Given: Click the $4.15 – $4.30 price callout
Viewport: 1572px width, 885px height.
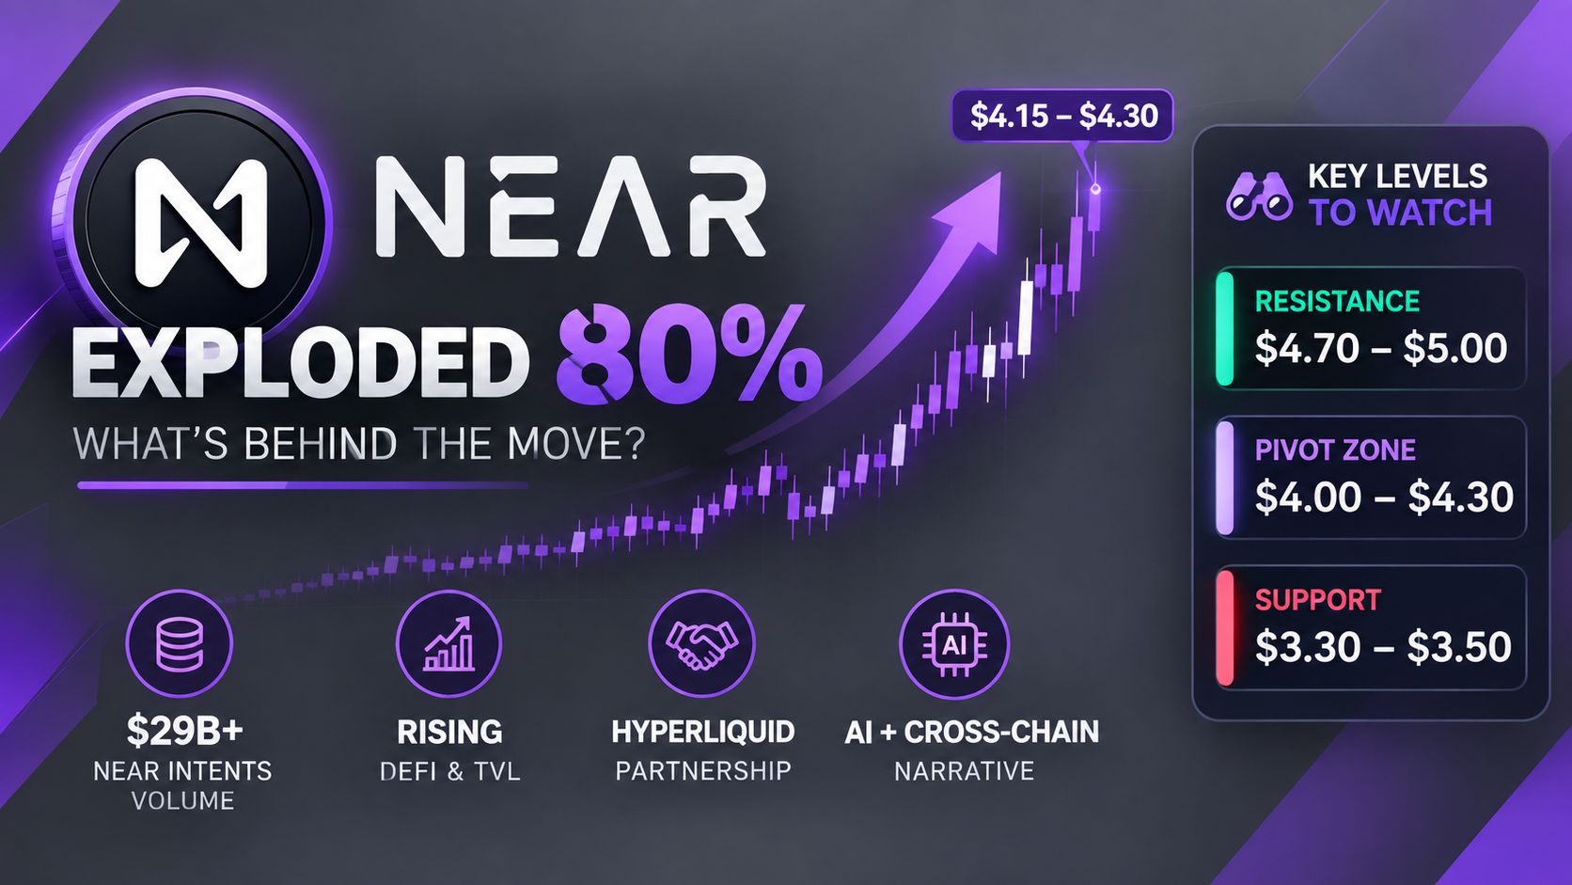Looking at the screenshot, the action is [1062, 115].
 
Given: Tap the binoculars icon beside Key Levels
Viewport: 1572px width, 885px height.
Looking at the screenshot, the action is [1259, 198].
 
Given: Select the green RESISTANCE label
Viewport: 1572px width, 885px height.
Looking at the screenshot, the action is [1337, 301].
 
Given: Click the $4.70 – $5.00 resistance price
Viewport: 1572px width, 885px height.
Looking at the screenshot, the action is [1380, 348].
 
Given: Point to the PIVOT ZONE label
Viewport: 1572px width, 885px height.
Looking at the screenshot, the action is [1335, 450].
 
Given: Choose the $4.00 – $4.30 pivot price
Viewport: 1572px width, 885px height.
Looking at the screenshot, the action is [1384, 497].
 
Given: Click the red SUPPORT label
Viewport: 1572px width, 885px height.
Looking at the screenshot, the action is [1317, 600].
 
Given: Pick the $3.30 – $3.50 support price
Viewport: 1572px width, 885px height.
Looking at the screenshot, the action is [1382, 646].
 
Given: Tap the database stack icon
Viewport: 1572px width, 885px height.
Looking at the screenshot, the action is [179, 643].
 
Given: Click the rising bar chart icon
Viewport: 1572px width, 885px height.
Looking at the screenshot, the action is [449, 643].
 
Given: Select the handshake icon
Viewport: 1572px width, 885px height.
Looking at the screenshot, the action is [701, 643].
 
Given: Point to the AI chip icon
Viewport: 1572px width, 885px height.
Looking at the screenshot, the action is [953, 644].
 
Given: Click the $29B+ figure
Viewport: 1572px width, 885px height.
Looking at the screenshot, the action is [184, 732].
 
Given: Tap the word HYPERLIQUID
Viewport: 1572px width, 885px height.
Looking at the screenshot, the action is [702, 732].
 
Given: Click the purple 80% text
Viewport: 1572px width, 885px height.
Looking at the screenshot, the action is [688, 362].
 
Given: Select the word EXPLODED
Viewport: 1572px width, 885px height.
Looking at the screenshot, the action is [301, 364].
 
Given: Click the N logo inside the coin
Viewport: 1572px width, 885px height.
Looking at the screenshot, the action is [201, 223].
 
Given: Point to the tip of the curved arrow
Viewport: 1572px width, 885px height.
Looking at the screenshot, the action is [1000, 173].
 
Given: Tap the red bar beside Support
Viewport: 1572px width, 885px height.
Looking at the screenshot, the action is [1225, 627].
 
